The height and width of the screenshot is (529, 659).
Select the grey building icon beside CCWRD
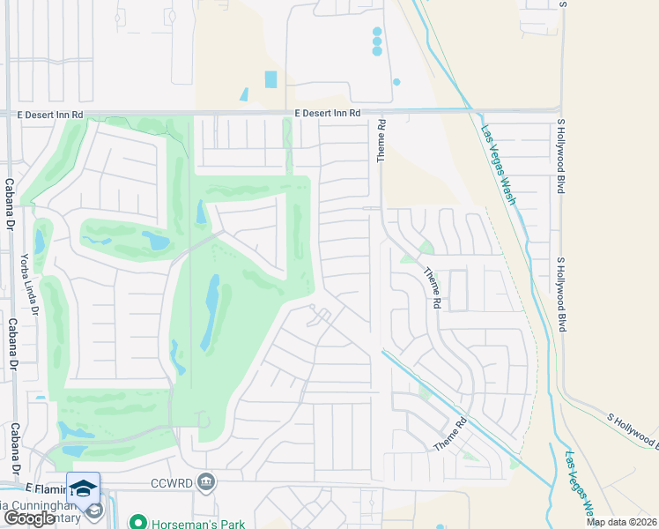206,481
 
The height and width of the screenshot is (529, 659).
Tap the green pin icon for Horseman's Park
137,521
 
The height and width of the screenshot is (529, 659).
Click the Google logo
29,518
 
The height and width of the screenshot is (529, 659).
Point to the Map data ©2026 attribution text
621,522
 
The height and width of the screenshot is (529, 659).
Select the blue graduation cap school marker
83,488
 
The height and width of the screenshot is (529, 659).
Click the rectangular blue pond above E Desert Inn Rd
270,79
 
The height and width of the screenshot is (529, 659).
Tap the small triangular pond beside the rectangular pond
244,93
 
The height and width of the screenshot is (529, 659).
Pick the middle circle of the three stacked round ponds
377,41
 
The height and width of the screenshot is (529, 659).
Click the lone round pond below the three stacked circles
396,82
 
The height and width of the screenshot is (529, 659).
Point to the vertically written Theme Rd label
381,141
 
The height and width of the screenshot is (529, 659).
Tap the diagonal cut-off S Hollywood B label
633,428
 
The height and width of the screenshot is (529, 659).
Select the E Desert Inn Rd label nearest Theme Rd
328,113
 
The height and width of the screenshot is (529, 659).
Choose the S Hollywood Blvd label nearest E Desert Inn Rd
559,158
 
